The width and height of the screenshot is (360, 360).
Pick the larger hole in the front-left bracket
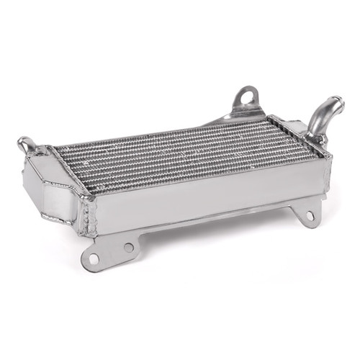(x=93, y=257)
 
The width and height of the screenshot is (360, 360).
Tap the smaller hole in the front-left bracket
(x=128, y=247)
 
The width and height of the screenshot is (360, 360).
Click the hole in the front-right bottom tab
(x=310, y=215)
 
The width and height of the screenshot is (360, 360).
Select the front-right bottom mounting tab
(x=306, y=214)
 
